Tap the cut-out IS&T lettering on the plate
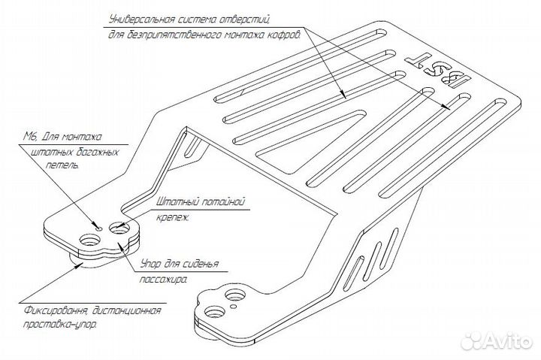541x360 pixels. pos(438,71)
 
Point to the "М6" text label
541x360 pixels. pos(31,137)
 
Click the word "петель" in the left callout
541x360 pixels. pos(62,165)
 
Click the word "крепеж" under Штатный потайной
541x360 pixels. pos(173,218)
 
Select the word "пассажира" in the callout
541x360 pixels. pos(163,279)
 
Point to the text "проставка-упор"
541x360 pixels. pos(59,325)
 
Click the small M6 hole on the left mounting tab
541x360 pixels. pos(98,228)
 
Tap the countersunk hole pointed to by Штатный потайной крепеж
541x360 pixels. pos(119,228)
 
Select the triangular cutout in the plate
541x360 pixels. pos(310,141)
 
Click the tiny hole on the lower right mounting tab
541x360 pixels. pos(234,306)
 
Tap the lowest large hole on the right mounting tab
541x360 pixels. pos(214,312)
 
